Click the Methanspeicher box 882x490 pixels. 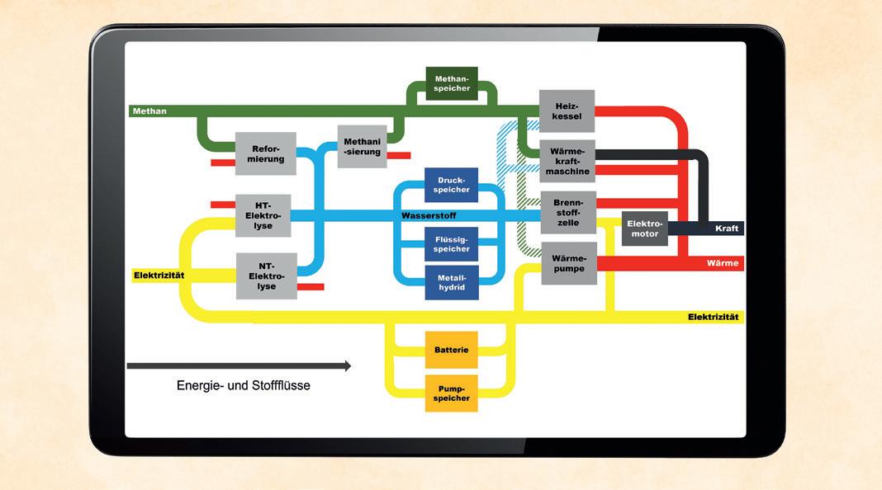click(x=452, y=83)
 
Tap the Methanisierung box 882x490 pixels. click(x=362, y=146)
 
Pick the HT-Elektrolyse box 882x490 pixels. click(x=263, y=215)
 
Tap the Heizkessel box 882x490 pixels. click(x=567, y=111)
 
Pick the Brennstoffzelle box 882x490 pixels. click(x=568, y=212)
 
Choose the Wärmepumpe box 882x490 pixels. click(x=568, y=263)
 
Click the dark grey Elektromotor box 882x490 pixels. click(x=644, y=229)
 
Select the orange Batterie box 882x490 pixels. click(x=451, y=350)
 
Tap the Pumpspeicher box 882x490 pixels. click(x=451, y=393)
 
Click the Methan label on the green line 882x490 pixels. click(x=149, y=111)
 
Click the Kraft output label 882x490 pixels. click(x=727, y=229)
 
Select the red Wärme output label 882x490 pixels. click(x=722, y=263)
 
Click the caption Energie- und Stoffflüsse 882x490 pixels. click(x=243, y=385)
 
